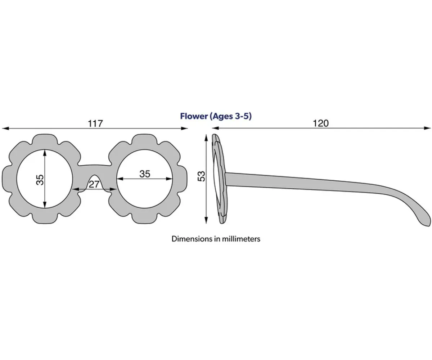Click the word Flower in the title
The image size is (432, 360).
194,116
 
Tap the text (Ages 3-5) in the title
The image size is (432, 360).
230,116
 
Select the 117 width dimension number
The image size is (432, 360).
95,123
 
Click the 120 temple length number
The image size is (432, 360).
321,123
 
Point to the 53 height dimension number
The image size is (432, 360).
202,176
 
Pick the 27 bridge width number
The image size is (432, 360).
94,185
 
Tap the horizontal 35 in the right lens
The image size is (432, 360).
145,174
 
